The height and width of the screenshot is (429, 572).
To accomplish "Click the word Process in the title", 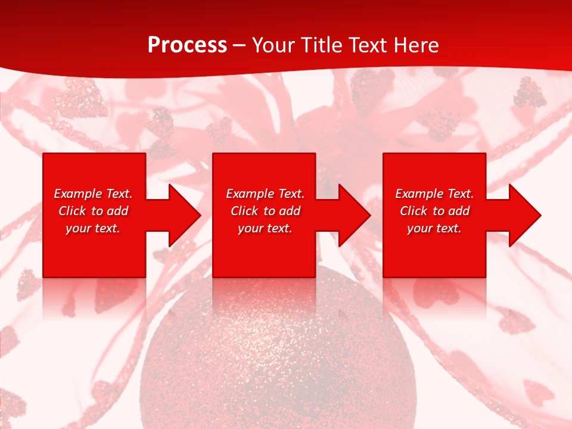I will click(x=187, y=45).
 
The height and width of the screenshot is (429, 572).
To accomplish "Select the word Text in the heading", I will click(x=366, y=45).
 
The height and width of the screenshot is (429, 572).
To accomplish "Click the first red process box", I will click(x=94, y=256).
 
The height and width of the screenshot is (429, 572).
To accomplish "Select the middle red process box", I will click(x=264, y=256).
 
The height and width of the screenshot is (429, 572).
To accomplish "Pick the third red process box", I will click(x=434, y=256).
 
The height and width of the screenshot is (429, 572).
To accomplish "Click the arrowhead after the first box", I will click(x=184, y=216).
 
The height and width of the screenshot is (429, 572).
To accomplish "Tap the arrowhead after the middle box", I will click(x=353, y=216).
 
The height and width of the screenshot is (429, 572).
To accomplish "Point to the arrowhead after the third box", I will click(x=524, y=216).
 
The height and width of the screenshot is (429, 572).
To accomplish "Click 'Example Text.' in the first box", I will click(x=93, y=194).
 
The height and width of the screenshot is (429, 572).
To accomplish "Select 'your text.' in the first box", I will click(x=93, y=228).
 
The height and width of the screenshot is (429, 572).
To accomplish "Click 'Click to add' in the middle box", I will click(x=265, y=211).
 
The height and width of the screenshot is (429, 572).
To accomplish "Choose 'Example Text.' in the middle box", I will click(x=265, y=194).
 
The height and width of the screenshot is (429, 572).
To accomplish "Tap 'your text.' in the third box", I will click(x=434, y=228).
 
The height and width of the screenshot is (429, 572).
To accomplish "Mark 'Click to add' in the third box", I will click(x=434, y=211).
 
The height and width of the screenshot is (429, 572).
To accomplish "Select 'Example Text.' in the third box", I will click(x=434, y=194).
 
